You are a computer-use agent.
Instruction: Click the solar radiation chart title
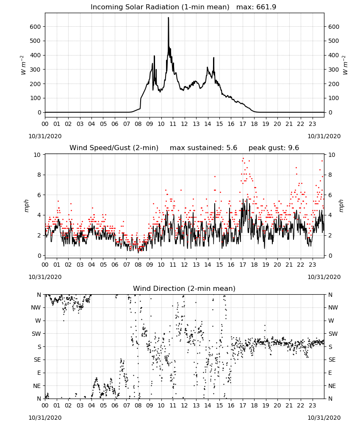coord(183,7)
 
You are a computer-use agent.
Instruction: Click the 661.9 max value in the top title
coord(266,7)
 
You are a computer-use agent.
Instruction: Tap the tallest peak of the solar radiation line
coord(168,17)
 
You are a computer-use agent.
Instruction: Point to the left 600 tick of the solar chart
coord(36,26)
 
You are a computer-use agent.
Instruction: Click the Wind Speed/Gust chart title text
coord(114,148)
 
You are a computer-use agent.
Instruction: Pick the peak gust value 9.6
coord(294,148)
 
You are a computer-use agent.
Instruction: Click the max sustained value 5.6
coord(232,148)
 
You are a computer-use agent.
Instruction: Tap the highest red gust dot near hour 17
coord(243,158)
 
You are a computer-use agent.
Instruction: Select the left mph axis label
coord(26,206)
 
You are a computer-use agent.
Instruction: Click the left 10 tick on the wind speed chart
coord(37,155)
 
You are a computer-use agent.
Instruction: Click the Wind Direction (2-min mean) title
coord(184,288)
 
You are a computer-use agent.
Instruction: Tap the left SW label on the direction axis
coord(36,334)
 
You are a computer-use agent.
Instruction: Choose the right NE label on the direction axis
coord(332,386)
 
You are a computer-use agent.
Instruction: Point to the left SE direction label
coord(37,360)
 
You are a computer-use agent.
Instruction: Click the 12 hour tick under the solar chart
coord(185,124)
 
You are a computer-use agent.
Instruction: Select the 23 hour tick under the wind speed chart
coord(313,265)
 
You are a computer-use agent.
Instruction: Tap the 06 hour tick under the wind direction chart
coord(115,406)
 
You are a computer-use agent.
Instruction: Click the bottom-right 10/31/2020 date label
coord(324,418)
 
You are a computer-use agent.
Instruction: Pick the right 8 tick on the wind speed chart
coord(330,175)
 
